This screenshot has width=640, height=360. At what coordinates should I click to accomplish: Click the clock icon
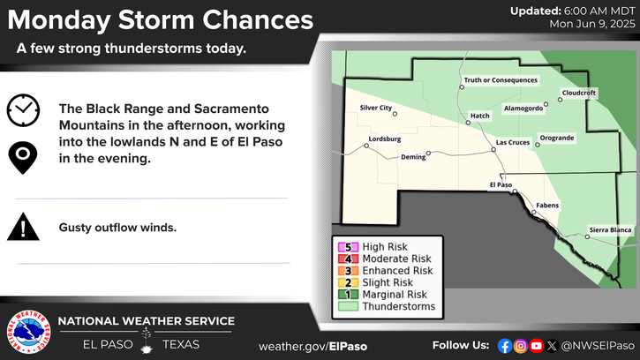click(x=23, y=110)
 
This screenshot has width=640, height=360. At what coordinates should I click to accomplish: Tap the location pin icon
click(x=23, y=158)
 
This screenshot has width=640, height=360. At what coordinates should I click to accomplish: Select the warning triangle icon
click(x=23, y=227)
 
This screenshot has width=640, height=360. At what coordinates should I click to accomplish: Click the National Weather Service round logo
click(x=28, y=332)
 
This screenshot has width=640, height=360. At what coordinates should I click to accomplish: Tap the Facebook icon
click(x=505, y=346)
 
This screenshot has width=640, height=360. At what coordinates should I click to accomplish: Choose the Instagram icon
click(x=521, y=346)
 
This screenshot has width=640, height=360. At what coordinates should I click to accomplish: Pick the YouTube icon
click(x=536, y=346)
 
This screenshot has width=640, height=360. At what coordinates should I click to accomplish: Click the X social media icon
click(x=552, y=346)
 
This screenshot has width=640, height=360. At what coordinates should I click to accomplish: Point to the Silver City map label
click(x=375, y=108)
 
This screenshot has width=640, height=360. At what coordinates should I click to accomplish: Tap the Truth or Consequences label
click(x=501, y=80)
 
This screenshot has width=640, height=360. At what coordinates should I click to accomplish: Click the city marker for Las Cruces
click(x=493, y=150)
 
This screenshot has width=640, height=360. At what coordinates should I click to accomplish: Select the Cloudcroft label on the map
click(x=579, y=93)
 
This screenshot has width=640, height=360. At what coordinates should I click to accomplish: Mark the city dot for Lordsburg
click(x=366, y=146)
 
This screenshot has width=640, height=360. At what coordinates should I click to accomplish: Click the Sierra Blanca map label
click(x=610, y=229)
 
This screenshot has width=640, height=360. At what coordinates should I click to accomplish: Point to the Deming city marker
click(x=428, y=154)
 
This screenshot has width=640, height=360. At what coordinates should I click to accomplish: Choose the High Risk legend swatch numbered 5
click(x=348, y=247)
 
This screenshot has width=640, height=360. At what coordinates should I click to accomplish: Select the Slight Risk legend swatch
click(x=348, y=282)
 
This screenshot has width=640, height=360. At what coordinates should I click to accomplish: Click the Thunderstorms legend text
click(x=399, y=306)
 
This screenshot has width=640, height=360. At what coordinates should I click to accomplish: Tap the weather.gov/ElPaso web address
click(x=313, y=347)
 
